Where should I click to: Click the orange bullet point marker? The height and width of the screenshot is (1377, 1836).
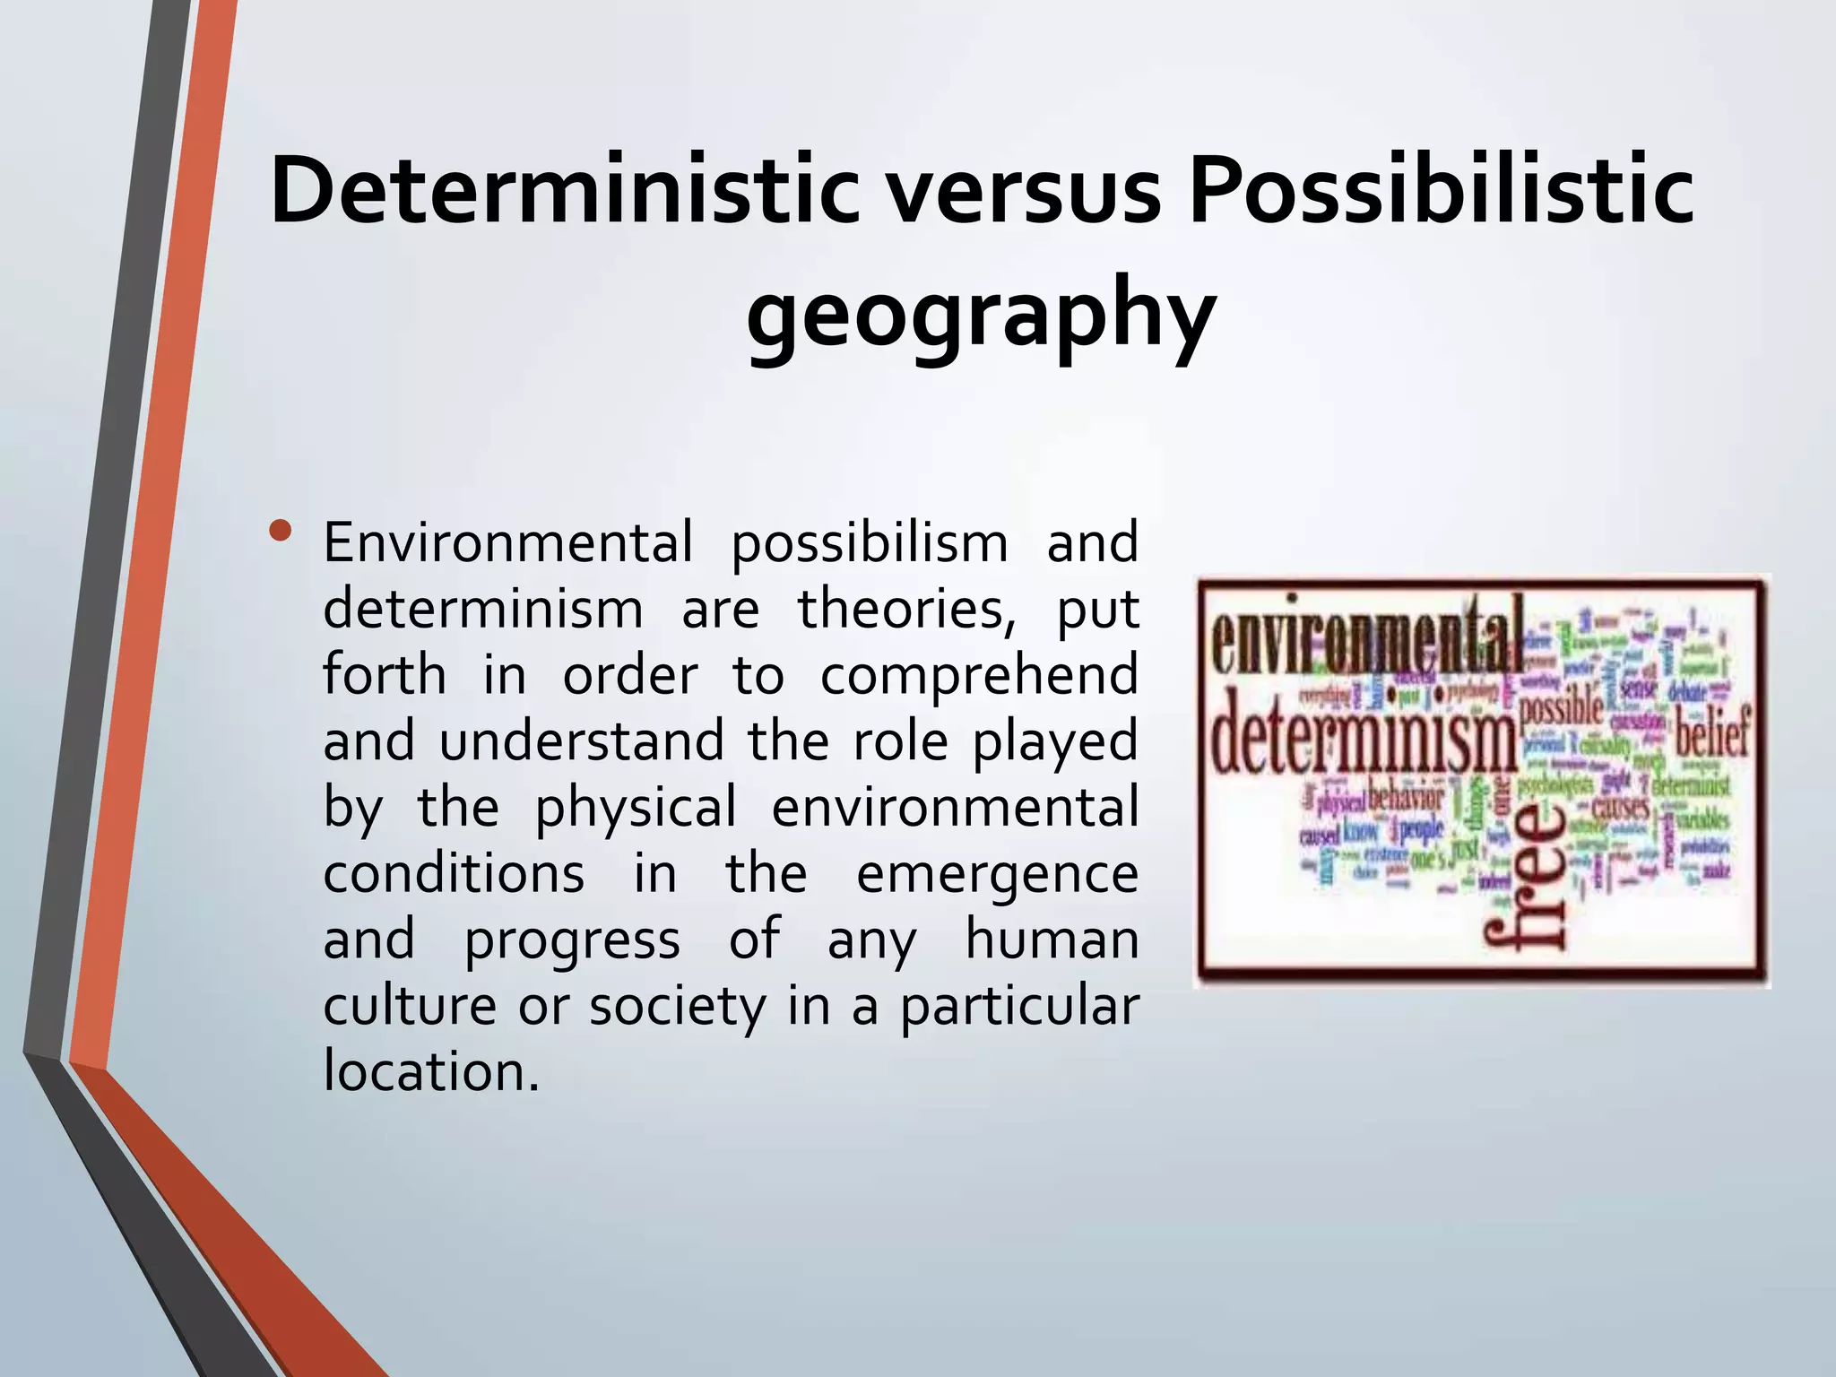281,531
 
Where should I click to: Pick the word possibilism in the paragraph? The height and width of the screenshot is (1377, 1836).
870,543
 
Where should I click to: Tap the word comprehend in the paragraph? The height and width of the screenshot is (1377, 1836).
979,676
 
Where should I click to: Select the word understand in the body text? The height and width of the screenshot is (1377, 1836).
581,741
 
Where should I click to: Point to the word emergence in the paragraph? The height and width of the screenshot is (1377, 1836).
997,873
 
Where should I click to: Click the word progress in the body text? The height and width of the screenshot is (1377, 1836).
572,940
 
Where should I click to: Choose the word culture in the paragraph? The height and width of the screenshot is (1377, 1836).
409,1006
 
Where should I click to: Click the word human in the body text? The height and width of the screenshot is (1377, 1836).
1051,940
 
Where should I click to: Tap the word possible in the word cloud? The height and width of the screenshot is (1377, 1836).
1562,708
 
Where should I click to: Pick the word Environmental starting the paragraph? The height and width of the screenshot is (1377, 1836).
507,543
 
